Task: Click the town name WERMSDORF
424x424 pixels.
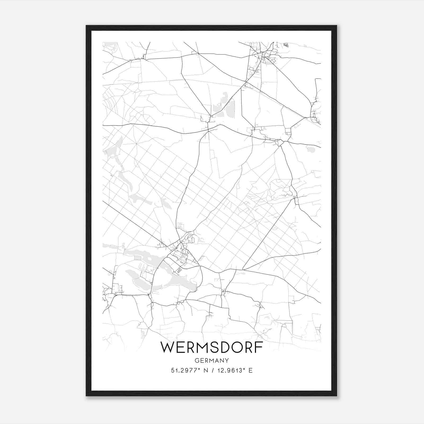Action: (x=212, y=347)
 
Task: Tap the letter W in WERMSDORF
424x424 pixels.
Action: (x=167, y=347)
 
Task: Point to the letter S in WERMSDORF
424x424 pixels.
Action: (x=216, y=347)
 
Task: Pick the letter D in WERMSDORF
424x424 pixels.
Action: (x=227, y=347)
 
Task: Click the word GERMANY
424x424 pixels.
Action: (x=212, y=360)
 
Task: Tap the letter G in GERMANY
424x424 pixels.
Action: (x=197, y=360)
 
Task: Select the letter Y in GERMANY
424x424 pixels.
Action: (x=227, y=360)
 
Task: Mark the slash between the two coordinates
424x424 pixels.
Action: (x=212, y=370)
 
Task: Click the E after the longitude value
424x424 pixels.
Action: (x=250, y=370)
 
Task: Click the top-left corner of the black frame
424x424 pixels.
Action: (x=87, y=26)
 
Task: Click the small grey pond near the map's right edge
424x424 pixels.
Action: (x=311, y=150)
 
